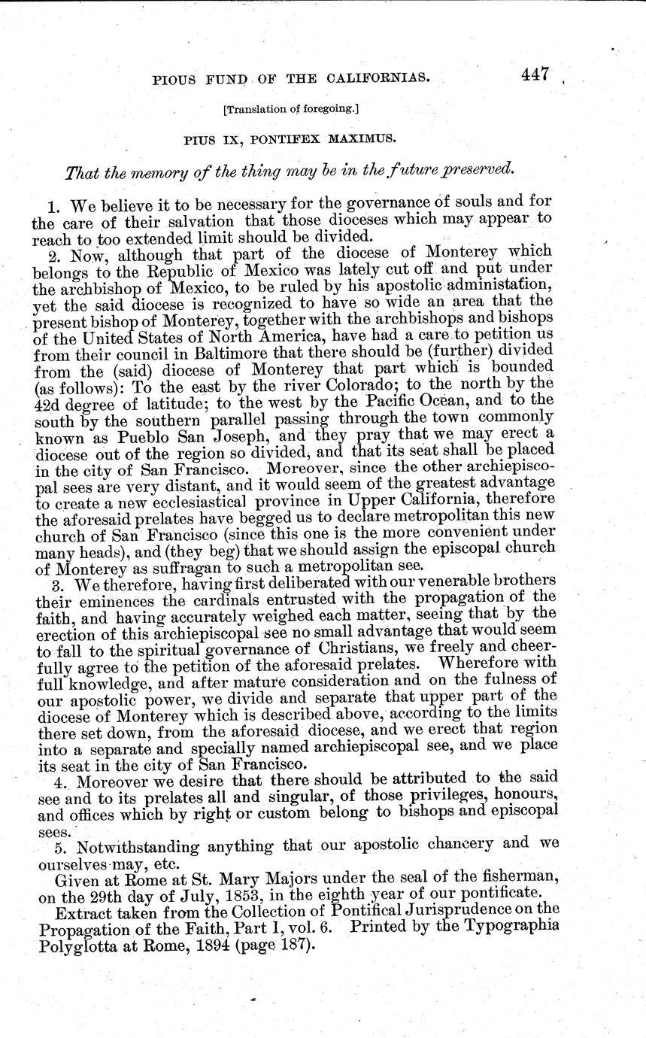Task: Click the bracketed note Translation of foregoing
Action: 291,109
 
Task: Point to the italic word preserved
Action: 479,169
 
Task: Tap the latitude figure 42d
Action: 51,401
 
